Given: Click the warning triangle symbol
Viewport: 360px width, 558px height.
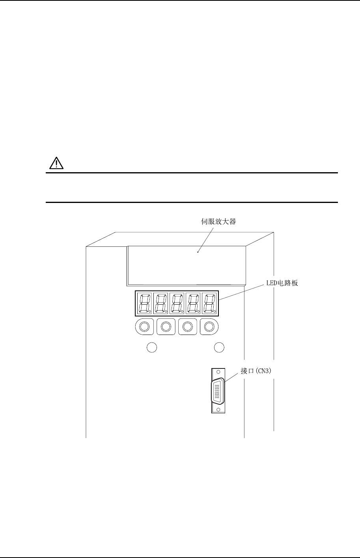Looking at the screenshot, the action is pyautogui.click(x=56, y=163).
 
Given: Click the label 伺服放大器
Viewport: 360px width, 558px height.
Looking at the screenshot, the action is pyautogui.click(x=218, y=222).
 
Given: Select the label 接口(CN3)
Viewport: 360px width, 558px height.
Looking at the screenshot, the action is pyautogui.click(x=257, y=371).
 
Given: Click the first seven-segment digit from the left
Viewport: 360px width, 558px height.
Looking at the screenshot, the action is pyautogui.click(x=144, y=303).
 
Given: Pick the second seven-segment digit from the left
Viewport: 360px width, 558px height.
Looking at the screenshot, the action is pyautogui.click(x=160, y=303).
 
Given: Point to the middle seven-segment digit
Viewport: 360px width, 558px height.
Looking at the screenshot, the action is pyautogui.click(x=177, y=303).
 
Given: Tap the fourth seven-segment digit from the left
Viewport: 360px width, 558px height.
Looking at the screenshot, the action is pyautogui.click(x=193, y=303).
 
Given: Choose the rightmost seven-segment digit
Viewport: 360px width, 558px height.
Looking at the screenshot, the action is pyautogui.click(x=209, y=303).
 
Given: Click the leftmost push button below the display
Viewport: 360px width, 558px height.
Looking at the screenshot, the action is pyautogui.click(x=144, y=327).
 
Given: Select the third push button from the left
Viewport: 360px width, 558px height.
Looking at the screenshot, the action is pyautogui.click(x=188, y=327).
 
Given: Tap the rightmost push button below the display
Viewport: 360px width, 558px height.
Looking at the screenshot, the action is pyautogui.click(x=209, y=327).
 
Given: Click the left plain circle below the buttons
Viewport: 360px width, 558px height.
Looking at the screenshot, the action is pyautogui.click(x=152, y=347).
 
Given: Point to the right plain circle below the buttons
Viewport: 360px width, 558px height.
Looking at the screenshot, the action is pyautogui.click(x=219, y=347).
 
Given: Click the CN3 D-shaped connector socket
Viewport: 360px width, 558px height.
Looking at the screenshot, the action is pyautogui.click(x=218, y=392).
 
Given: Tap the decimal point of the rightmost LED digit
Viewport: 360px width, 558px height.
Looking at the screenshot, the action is pyautogui.click(x=215, y=312).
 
